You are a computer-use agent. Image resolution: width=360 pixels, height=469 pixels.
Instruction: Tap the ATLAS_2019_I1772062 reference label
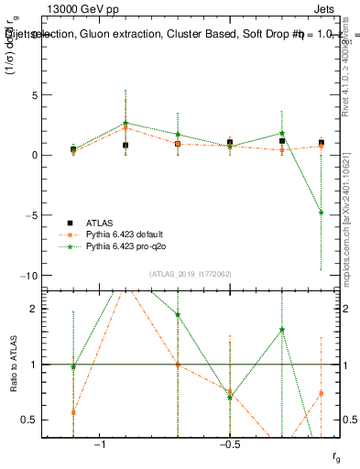[191, 274]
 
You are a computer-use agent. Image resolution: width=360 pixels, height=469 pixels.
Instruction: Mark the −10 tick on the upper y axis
[51, 276]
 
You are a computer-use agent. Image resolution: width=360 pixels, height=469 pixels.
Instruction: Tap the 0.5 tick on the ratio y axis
[52, 420]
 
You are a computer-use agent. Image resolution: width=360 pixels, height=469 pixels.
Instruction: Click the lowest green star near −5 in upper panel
[321, 213]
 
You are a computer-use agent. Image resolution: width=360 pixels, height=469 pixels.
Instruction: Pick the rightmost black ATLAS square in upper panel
[321, 143]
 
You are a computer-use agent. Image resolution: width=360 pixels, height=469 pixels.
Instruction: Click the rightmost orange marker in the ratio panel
[321, 393]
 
